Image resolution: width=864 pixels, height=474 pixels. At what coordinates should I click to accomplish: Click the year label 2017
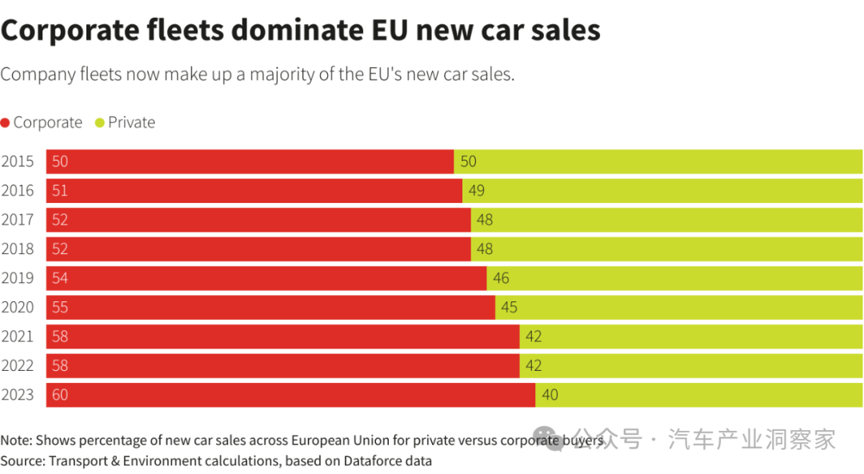18,220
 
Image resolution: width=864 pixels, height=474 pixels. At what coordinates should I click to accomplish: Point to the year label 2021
18,337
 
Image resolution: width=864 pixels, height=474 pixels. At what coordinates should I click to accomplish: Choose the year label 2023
18,395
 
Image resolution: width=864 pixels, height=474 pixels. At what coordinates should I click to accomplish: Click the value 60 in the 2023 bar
60,395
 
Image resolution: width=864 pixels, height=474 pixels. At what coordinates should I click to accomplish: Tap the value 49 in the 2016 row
476,191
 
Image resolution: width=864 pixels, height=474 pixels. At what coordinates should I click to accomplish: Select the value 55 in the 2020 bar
60,308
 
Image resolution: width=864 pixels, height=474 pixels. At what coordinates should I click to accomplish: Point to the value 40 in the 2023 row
550,395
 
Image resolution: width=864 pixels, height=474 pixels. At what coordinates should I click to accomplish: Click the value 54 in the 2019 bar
60,278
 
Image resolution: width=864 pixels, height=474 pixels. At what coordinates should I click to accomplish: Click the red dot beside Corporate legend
5,123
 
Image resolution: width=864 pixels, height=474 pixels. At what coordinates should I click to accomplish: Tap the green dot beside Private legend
100,123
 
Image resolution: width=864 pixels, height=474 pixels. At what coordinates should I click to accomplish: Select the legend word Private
131,122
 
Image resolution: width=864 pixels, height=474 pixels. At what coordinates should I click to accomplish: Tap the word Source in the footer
21,461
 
